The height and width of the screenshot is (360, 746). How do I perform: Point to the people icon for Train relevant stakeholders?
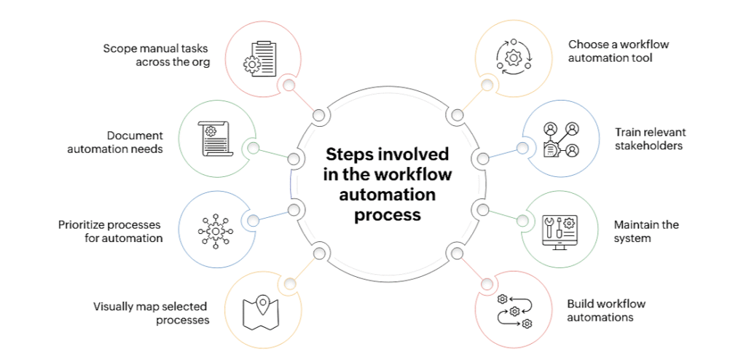(560, 139)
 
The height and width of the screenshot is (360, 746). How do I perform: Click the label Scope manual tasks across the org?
(156, 55)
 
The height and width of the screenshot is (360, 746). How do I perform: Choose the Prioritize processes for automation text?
(110, 231)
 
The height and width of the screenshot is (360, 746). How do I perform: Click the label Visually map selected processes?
(151, 313)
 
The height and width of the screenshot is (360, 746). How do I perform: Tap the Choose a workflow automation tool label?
(619, 51)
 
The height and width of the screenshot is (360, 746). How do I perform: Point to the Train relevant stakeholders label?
(650, 138)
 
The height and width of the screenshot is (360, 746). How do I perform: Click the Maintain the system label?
(646, 231)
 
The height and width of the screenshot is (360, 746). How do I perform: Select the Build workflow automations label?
(606, 310)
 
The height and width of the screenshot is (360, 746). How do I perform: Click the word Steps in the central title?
(346, 154)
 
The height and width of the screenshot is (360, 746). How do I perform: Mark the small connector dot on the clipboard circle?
(289, 85)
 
